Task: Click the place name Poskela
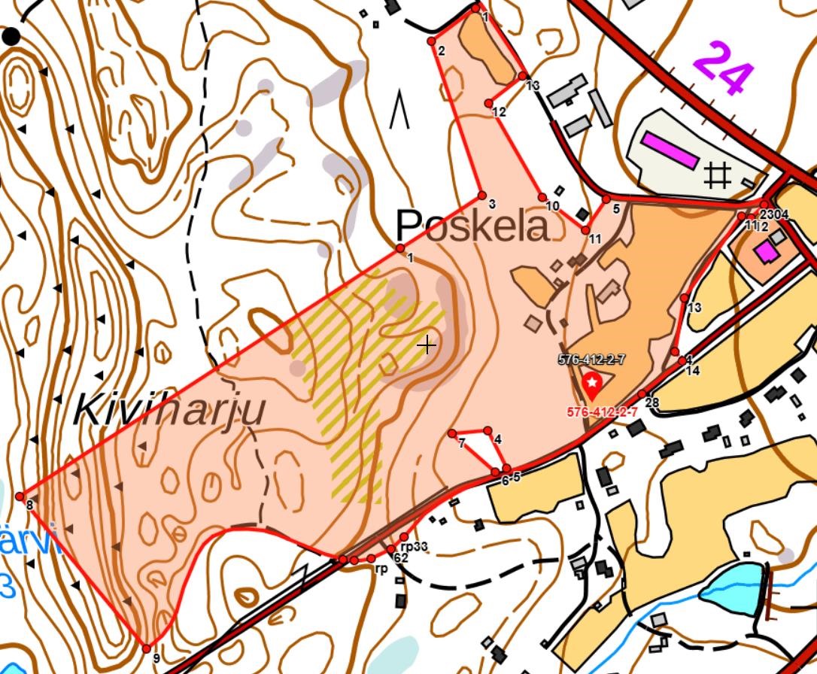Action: pyautogui.click(x=472, y=226)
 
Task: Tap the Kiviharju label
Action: pyautogui.click(x=170, y=411)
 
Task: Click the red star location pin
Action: pyautogui.click(x=593, y=385)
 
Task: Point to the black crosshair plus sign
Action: pyautogui.click(x=427, y=345)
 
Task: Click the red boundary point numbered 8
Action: pyautogui.click(x=20, y=496)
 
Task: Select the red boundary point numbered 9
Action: pyautogui.click(x=147, y=648)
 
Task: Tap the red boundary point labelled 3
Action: pyautogui.click(x=481, y=196)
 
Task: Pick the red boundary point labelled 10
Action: pyautogui.click(x=542, y=197)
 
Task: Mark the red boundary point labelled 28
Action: pyautogui.click(x=642, y=395)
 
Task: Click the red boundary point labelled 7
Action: pyautogui.click(x=452, y=433)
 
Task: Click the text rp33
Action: pyautogui.click(x=414, y=546)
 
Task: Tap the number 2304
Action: pyautogui.click(x=774, y=215)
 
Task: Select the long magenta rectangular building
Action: pyautogui.click(x=669, y=150)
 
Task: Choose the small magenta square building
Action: pyautogui.click(x=767, y=252)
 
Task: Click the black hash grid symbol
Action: pyautogui.click(x=717, y=176)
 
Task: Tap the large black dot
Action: pyautogui.click(x=11, y=36)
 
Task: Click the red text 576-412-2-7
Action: pyautogui.click(x=602, y=412)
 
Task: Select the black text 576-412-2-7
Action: pyautogui.click(x=591, y=360)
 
